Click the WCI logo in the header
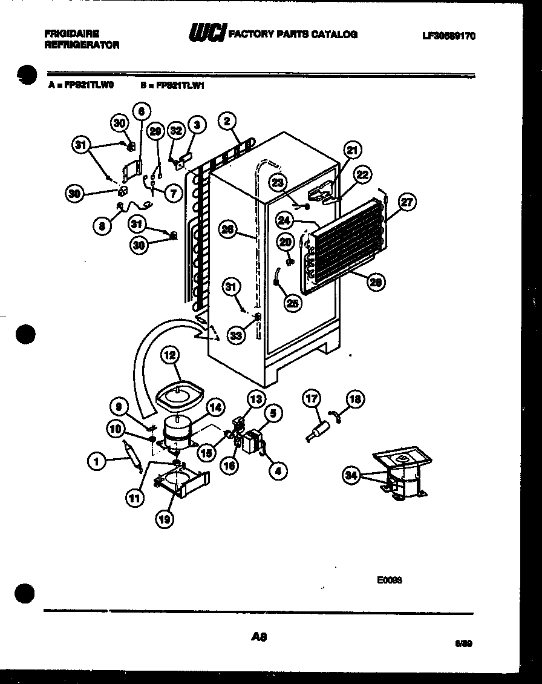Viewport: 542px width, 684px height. tap(207, 33)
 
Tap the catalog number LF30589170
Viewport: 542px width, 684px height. tap(448, 36)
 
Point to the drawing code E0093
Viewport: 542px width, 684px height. tap(390, 579)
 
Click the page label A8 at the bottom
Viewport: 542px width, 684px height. tap(258, 637)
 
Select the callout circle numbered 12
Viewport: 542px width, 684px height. tap(170, 357)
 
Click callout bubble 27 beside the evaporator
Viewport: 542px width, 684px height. tap(408, 202)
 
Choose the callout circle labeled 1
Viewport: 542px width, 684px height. tap(96, 462)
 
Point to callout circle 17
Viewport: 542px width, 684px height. tap(312, 399)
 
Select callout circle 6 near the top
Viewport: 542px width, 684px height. tap(141, 111)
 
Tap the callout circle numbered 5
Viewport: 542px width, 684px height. tap(273, 414)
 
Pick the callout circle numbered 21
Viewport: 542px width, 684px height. tap(352, 150)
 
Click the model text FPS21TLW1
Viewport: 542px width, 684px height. tap(181, 86)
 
